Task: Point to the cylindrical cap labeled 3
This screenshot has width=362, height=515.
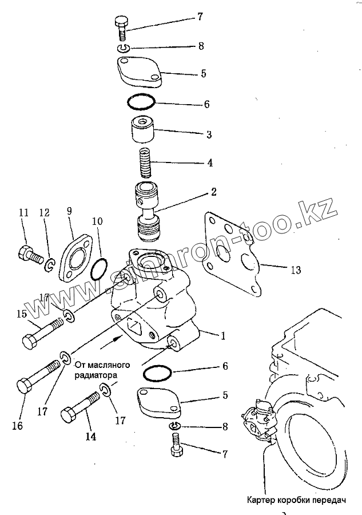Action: pos(141,131)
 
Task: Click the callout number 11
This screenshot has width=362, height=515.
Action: pos(23,212)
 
